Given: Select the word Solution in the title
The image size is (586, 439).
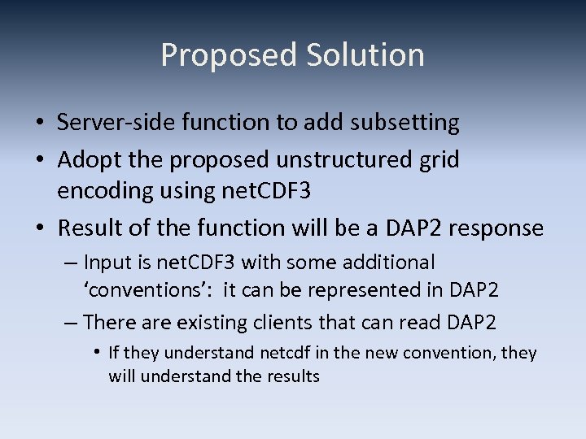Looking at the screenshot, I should tap(365, 55).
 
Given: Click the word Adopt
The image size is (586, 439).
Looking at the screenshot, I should tap(85, 160).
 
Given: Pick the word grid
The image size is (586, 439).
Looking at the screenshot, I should tap(440, 160).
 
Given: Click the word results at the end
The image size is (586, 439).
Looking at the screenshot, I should tap(294, 376).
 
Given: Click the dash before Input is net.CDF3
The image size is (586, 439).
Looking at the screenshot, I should tap(71, 263).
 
